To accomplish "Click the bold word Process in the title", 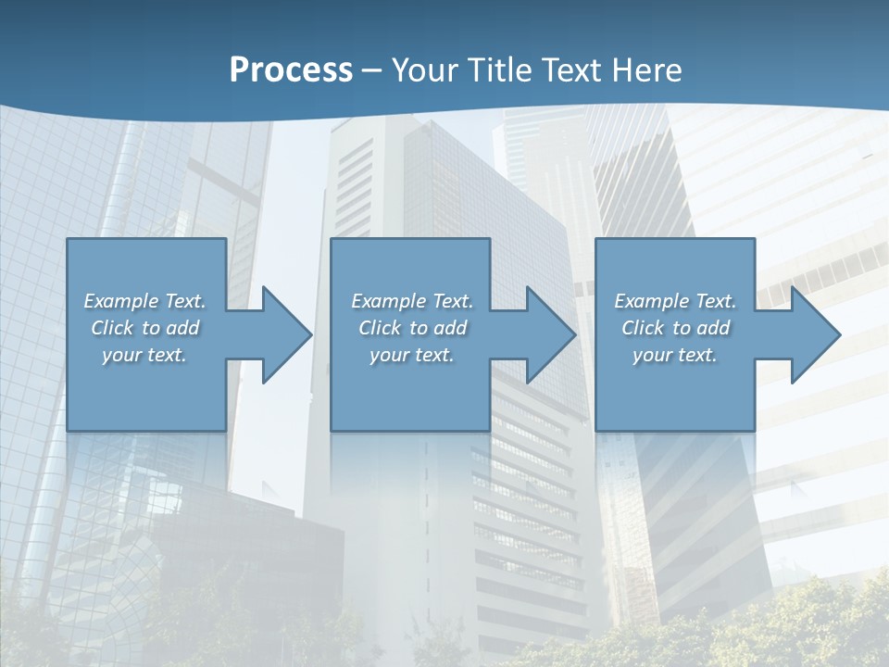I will (291, 70).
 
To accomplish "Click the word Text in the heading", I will (572, 70).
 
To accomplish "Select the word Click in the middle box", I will (378, 328).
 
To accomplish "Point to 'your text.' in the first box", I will (144, 355).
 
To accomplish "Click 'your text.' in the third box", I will (675, 355).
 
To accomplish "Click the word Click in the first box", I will (110, 328).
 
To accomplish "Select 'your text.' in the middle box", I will (411, 355).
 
